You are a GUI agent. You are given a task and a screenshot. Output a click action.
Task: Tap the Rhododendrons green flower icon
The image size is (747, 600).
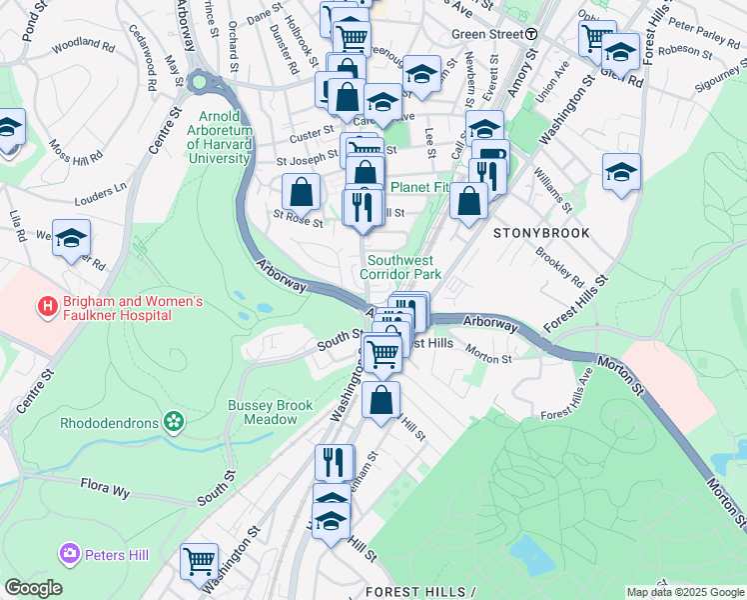175,422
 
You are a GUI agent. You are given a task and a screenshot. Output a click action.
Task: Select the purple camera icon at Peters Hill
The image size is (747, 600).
70,552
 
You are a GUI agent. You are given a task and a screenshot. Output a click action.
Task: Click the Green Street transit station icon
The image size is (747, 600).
532,33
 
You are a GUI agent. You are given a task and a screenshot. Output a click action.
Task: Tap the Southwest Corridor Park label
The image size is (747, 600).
399,266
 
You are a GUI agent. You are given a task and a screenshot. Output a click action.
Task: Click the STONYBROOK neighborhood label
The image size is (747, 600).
541,232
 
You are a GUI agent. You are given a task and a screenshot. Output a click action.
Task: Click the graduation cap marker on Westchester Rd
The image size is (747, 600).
71,238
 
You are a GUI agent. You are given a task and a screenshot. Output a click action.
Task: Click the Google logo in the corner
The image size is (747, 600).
33,587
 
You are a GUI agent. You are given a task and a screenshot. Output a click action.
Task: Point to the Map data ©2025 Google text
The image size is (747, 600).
684,592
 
